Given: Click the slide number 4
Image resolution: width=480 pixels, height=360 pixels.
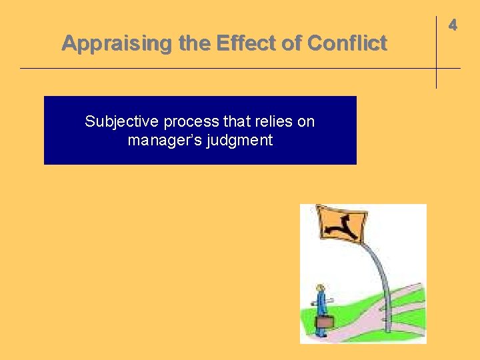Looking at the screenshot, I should pyautogui.click(x=453, y=25).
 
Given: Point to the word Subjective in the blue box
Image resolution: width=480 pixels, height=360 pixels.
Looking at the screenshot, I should pyautogui.click(x=122, y=122).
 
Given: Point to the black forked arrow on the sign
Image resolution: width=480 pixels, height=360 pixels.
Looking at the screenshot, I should pyautogui.click(x=342, y=225).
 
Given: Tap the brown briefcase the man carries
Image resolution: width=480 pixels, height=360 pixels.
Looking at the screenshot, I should pyautogui.click(x=325, y=322).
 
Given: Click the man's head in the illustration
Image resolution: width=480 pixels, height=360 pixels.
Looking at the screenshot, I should pyautogui.click(x=320, y=288).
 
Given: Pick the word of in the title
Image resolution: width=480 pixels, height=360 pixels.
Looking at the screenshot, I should pyautogui.click(x=291, y=44).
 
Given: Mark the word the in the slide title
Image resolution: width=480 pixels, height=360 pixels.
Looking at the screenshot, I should pyautogui.click(x=194, y=44).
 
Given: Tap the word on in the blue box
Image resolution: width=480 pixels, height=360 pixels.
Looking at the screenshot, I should pyautogui.click(x=307, y=122).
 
